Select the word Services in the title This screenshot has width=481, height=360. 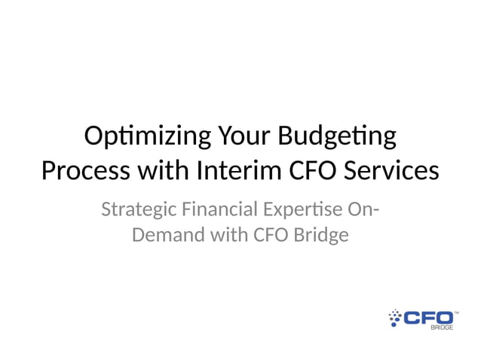[x=394, y=170]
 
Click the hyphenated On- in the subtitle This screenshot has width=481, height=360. [x=363, y=209]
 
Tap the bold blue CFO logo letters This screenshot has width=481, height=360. [x=428, y=317]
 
